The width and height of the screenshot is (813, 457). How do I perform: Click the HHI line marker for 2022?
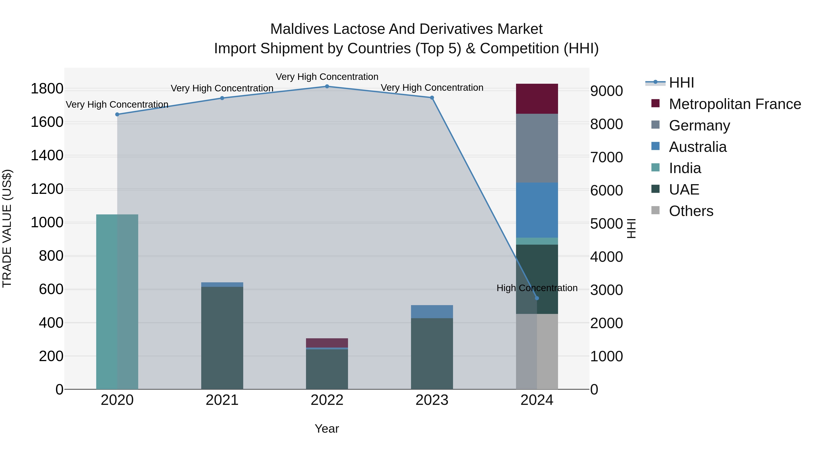(327, 86)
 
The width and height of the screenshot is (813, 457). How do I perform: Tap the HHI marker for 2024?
(537, 298)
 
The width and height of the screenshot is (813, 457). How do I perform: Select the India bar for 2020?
(117, 302)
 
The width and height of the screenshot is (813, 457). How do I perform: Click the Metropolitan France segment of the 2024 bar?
(537, 99)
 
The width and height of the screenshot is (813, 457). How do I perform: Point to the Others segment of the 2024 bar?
(537, 351)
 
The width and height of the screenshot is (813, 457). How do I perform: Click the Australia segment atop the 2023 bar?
(432, 312)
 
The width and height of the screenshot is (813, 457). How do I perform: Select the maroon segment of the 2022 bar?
(327, 343)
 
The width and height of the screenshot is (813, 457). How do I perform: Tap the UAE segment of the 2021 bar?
(222, 337)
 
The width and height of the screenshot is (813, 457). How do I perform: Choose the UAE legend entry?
(684, 190)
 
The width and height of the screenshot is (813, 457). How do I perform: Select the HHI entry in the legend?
(681, 83)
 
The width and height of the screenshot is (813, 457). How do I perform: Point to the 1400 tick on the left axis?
(47, 155)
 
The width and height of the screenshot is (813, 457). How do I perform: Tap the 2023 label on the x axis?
(432, 400)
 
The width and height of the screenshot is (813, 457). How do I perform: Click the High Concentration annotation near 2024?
(537, 288)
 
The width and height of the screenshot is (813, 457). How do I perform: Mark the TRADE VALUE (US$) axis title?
(7, 228)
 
